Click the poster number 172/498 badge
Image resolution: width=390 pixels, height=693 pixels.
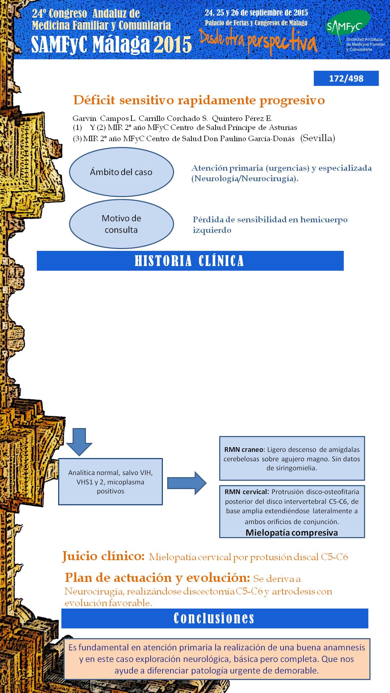[x=346, y=78]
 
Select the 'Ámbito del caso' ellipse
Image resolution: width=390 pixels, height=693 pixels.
[x=121, y=172]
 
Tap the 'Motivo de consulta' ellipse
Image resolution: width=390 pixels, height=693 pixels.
[x=121, y=224]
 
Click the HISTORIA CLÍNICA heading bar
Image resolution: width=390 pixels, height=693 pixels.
[x=190, y=261]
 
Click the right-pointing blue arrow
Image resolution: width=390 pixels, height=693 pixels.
[x=187, y=483]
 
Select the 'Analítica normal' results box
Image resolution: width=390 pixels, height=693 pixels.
[x=110, y=481]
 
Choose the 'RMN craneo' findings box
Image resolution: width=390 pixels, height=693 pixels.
[x=292, y=458]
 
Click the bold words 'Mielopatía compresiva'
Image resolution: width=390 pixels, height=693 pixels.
[x=292, y=532]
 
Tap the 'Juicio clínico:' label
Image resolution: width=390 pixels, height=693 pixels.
[x=104, y=556]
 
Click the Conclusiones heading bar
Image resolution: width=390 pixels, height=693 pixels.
[x=214, y=618]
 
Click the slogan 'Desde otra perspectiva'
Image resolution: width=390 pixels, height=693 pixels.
[x=258, y=42]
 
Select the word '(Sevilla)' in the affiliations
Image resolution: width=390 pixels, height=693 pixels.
[x=318, y=138]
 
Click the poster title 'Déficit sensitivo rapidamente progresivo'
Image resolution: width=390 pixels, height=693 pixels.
[x=199, y=100]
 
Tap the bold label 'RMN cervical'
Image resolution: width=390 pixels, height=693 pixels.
[x=246, y=492]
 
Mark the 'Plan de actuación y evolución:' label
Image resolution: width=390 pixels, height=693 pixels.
[x=157, y=578]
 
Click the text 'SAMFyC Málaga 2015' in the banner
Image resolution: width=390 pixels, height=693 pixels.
[x=111, y=44]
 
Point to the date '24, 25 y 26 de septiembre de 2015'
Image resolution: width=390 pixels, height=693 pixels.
[x=256, y=13]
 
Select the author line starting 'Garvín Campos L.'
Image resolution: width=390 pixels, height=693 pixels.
[x=172, y=118]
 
